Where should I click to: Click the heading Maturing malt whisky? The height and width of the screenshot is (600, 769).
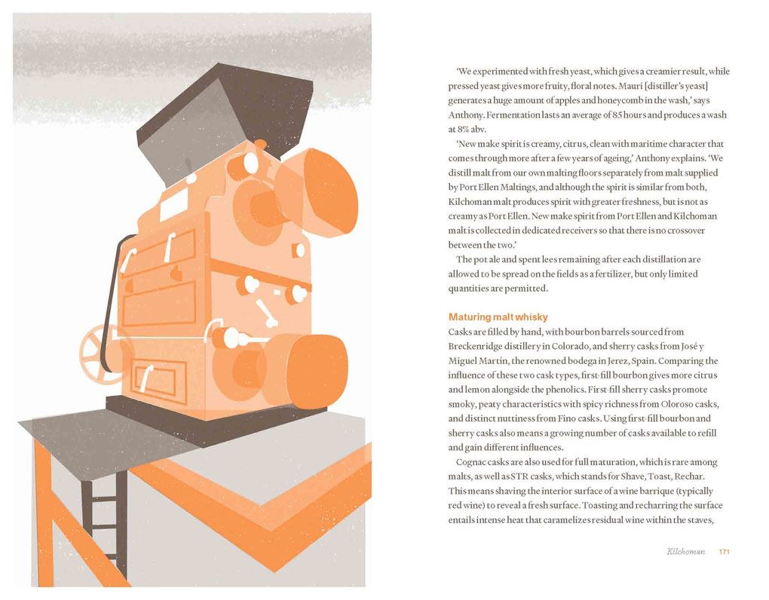coord(498,317)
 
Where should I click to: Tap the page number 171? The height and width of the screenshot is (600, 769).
coord(724,552)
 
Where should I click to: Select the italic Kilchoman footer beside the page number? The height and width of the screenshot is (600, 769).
coord(685,552)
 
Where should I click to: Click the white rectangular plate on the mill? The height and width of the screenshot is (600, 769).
coord(175,203)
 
